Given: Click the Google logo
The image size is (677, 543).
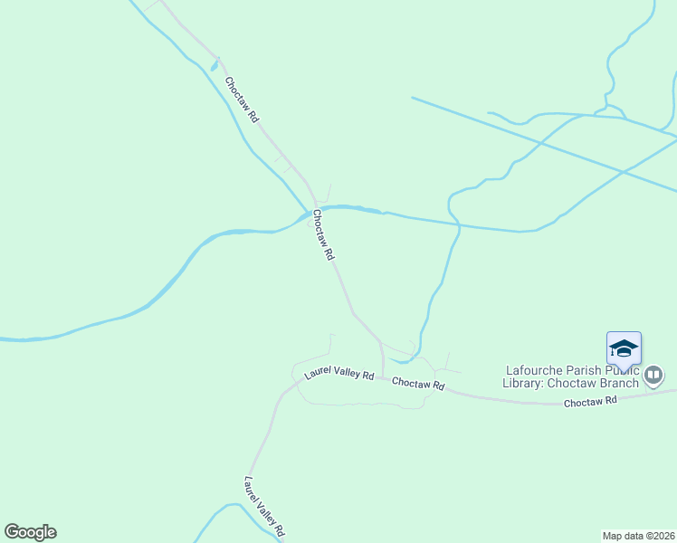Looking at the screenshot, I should point(30,532).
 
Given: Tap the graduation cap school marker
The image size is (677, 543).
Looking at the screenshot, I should point(624,348).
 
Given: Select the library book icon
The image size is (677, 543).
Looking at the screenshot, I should point(653,375).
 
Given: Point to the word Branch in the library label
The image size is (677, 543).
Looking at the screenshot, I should point(618,383).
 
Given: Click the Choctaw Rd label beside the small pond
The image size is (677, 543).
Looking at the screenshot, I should point(242,100).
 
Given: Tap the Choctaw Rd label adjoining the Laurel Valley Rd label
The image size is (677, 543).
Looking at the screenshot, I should point(418,384).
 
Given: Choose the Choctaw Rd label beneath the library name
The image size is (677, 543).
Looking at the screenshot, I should point(590,399).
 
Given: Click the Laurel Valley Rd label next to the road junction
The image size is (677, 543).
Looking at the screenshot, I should point(338,373).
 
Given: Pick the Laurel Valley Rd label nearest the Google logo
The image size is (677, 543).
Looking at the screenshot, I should point(265,505).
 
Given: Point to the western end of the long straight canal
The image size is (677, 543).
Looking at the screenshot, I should point(413,98).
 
